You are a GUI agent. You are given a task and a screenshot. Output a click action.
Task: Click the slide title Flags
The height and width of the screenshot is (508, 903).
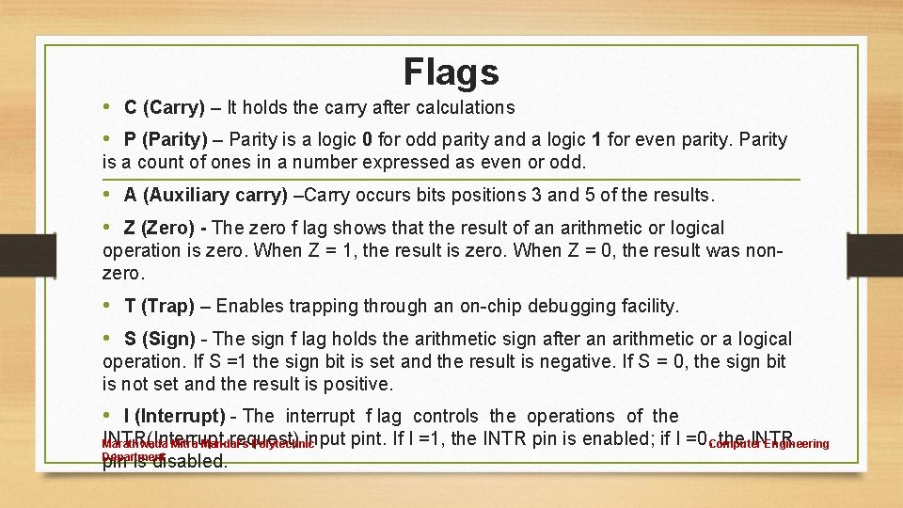[x=451, y=71]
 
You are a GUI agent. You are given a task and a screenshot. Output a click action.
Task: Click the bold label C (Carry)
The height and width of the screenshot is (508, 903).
[x=165, y=107]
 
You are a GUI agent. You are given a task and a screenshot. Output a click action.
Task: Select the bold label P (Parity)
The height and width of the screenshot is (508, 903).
[x=174, y=140]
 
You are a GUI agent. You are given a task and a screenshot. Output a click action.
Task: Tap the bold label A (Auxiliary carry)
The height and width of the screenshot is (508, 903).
[x=206, y=196]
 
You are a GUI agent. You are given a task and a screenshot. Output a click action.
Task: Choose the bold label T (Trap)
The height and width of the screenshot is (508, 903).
[x=159, y=307]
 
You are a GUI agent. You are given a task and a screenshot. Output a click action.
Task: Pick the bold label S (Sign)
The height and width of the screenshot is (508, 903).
[x=161, y=340]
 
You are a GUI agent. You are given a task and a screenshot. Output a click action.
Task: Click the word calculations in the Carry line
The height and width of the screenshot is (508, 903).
[x=461, y=107]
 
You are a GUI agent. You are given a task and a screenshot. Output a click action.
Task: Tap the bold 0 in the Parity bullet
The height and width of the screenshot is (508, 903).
[x=367, y=140]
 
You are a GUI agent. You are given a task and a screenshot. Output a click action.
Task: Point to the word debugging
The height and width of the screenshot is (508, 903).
[x=561, y=307]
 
